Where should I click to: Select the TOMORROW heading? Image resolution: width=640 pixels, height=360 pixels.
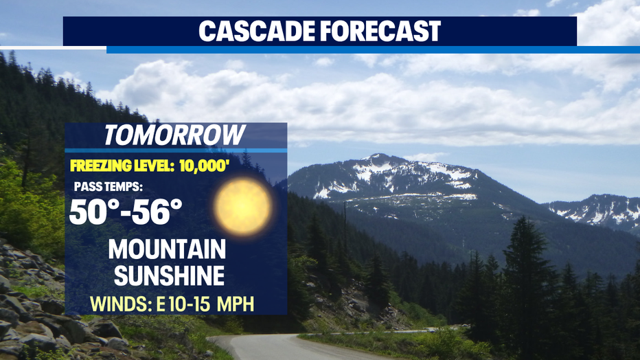[174, 135]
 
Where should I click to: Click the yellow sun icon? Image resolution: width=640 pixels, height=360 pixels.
[243, 207]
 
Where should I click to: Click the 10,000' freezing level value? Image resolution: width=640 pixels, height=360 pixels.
[203, 166]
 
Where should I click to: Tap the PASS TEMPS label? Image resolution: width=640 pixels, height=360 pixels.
[108, 187]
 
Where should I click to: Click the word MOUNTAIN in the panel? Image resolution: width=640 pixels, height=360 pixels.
[168, 249]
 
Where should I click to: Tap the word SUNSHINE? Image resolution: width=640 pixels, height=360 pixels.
[170, 275]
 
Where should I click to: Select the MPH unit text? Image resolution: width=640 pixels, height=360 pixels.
[236, 304]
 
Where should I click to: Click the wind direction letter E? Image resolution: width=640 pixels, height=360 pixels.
[161, 304]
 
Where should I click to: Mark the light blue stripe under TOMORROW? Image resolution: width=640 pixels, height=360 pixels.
[176, 150]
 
